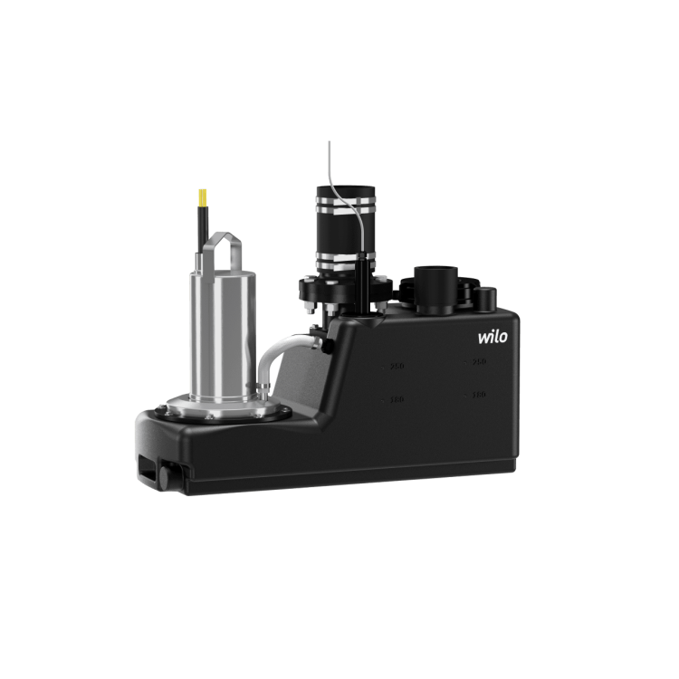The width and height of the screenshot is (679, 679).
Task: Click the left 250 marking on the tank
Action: pyautogui.click(x=395, y=367)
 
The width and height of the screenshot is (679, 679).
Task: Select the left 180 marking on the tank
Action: pyautogui.click(x=395, y=398)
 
